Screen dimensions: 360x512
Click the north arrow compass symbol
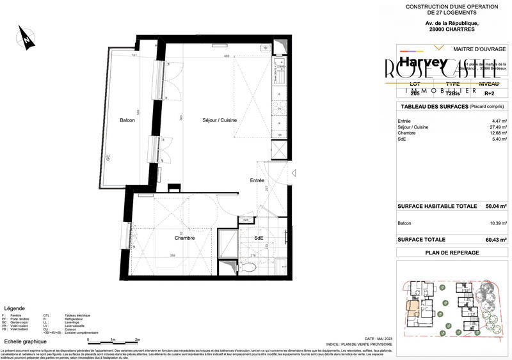point(26,38)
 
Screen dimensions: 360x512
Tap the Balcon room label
point(127,120)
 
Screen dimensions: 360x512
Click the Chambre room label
point(184,237)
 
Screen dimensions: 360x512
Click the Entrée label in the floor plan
point(257,181)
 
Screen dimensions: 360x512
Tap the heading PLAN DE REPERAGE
point(452,253)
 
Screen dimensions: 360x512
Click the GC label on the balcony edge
point(108,158)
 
